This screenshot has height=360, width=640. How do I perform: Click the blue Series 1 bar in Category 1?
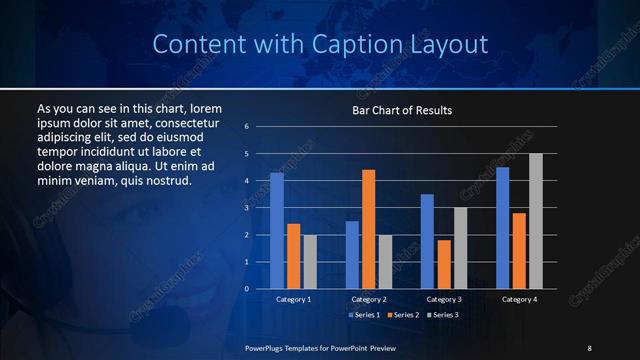tap(277, 231)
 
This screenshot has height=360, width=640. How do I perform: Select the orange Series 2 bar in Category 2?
tap(369, 229)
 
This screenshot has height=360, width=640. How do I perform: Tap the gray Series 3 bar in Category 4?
tap(536, 221)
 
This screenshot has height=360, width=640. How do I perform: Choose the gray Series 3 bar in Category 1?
tap(310, 262)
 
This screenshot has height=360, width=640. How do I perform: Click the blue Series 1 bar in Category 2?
tap(352, 255)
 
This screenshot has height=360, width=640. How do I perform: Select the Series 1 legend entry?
tap(363, 315)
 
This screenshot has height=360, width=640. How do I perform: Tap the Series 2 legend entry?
tap(402, 315)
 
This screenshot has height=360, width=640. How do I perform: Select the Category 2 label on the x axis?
tap(369, 299)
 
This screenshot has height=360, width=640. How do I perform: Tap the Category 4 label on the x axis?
tap(519, 299)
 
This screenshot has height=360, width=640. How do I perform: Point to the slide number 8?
tap(589, 347)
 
